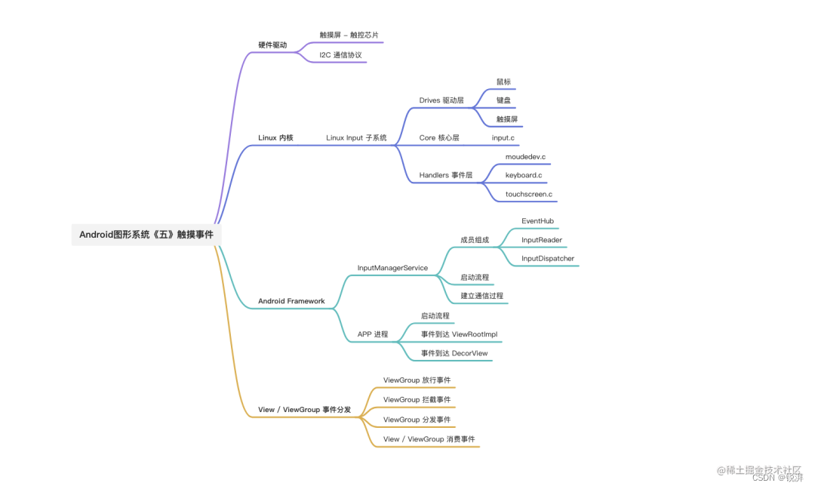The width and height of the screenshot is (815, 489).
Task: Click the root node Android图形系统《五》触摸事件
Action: point(146,235)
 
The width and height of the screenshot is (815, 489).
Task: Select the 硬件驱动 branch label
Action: point(272,45)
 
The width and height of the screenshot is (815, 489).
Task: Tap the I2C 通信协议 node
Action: point(340,55)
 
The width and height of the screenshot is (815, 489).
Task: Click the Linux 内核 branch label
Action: point(275,138)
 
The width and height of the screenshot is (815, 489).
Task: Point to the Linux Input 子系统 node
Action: point(356,138)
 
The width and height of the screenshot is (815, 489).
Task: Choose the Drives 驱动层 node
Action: point(441,100)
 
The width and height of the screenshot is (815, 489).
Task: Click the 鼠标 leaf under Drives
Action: point(504,81)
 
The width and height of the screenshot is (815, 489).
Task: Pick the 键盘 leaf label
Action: point(504,100)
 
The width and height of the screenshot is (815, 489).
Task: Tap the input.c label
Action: point(503,138)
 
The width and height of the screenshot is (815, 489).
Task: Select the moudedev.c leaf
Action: point(525,157)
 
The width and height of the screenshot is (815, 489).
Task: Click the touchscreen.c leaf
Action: point(529,195)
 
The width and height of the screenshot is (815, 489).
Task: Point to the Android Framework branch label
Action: point(291,301)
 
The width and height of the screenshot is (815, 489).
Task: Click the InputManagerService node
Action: point(392,268)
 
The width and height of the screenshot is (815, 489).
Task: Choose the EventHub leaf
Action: point(538,221)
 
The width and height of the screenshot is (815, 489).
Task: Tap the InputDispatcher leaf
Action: point(548,259)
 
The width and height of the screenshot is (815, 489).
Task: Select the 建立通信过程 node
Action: point(481,296)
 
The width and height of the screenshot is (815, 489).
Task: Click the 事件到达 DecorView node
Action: point(454,353)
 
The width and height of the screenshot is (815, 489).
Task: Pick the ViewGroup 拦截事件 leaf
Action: point(417,399)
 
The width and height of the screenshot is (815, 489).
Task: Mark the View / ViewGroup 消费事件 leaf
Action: point(429,439)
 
